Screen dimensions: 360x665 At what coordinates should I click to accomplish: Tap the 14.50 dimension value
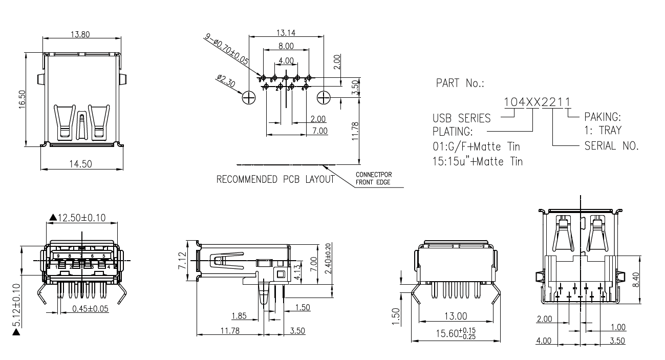(80, 164)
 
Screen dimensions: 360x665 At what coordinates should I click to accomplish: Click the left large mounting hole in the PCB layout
(249, 97)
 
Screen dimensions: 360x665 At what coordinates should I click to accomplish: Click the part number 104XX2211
(537, 102)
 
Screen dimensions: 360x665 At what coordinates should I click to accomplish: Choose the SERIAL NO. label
(611, 146)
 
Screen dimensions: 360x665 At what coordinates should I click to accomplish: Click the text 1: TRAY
(603, 131)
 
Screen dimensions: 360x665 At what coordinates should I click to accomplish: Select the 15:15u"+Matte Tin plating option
(478, 161)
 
